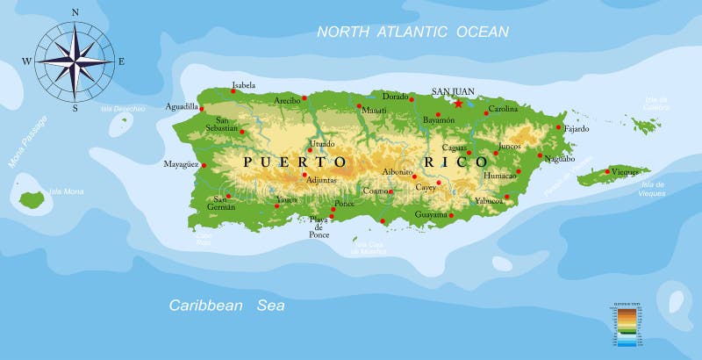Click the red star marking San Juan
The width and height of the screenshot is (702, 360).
(x=458, y=103)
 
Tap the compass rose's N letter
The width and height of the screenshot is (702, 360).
(x=75, y=13)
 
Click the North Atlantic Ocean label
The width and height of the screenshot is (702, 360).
(x=412, y=32)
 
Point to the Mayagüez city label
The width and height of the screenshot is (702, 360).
(x=182, y=164)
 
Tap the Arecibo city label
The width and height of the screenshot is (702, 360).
(x=286, y=100)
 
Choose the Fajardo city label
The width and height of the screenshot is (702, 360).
(x=577, y=128)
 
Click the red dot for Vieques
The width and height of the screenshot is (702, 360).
(x=607, y=171)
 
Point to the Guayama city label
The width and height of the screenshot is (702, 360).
(x=432, y=214)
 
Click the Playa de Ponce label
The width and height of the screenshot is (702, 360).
(x=319, y=227)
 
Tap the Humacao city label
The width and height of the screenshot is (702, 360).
(x=501, y=176)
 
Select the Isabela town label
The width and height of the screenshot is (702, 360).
(x=243, y=86)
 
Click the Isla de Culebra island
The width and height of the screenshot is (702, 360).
(x=647, y=126)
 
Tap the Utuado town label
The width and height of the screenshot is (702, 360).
(x=321, y=143)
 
